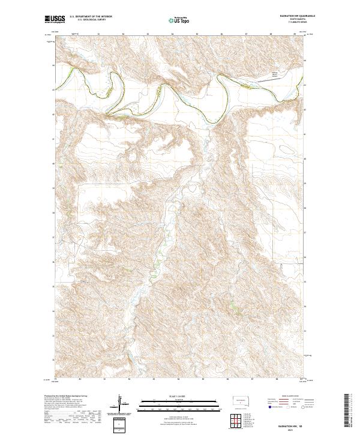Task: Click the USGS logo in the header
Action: tap(55, 19)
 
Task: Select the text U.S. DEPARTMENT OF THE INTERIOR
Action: tap(91, 16)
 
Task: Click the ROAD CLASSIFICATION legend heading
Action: tap(290, 397)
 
